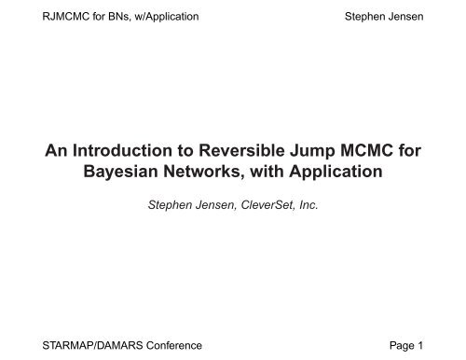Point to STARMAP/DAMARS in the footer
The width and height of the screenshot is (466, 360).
point(83,345)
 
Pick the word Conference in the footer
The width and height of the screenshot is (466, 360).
point(171,345)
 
